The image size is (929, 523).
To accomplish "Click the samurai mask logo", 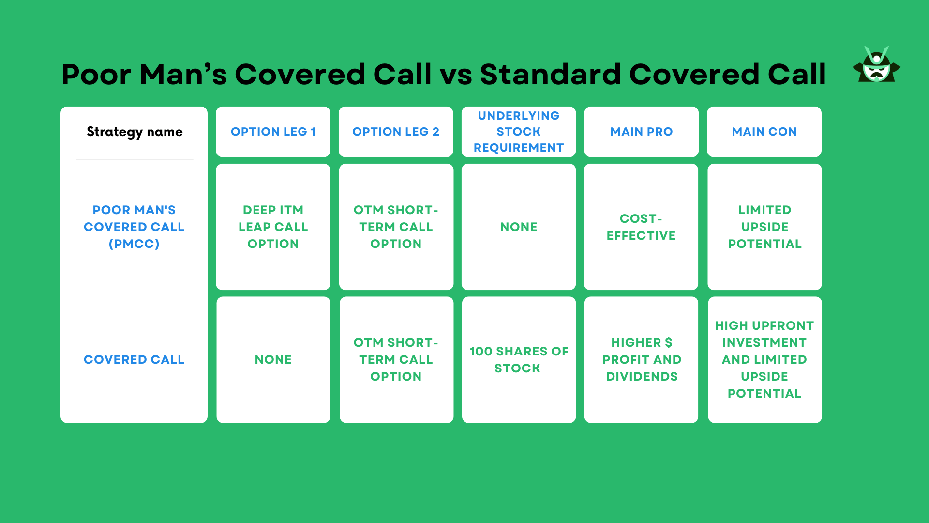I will (x=876, y=65).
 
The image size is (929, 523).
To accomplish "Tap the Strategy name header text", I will (x=135, y=132).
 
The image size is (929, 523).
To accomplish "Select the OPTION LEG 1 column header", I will (x=273, y=132).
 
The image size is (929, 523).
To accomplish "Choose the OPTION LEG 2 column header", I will (x=396, y=132).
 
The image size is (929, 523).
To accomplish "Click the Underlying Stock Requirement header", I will (x=519, y=132).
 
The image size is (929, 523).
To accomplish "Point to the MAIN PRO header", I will (x=641, y=132).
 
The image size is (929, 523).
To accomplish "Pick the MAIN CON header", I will (x=764, y=132).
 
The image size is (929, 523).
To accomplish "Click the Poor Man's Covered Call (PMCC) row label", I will (x=134, y=227).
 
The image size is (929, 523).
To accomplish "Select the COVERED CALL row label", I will (x=134, y=359).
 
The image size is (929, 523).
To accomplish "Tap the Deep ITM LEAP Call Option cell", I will (x=273, y=227).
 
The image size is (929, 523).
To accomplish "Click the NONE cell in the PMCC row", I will (x=519, y=227).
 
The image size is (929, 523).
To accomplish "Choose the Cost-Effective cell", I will (x=641, y=227).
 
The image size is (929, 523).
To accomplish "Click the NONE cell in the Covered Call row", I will (x=273, y=359).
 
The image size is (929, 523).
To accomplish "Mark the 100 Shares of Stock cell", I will (x=519, y=359).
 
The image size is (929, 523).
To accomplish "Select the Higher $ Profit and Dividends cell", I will (x=642, y=359).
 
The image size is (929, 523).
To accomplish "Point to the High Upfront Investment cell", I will (x=764, y=359).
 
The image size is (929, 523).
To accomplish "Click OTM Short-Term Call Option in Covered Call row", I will (x=396, y=359).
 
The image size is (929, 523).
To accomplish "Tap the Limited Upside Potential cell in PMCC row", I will (x=764, y=227).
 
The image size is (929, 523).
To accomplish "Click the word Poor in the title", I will (x=96, y=75).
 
